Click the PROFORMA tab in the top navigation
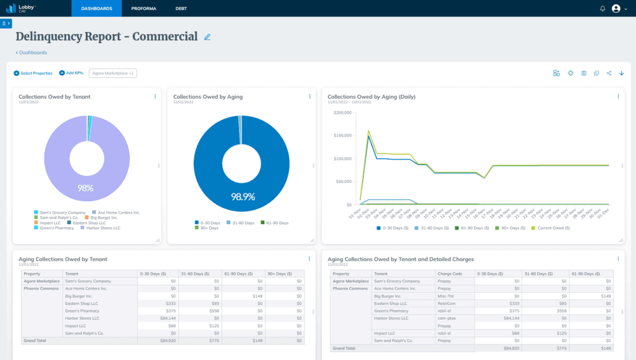coord(144,9)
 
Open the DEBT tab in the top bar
coord(181,9)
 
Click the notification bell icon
coord(603,9)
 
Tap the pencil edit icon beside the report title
coord(207,37)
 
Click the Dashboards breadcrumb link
coord(32,52)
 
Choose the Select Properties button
coord(33,73)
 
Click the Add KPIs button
coord(72,73)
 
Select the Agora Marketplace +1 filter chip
coord(113,73)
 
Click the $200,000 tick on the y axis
coord(341,113)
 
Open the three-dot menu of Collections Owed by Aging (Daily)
coord(618,96)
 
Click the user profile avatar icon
coord(616,9)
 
